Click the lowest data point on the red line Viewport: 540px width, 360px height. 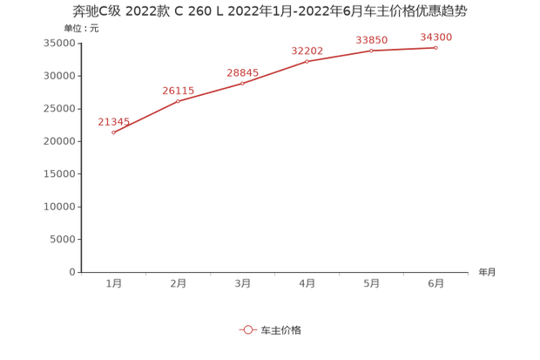[114, 132]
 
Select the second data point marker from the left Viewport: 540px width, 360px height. [179, 102]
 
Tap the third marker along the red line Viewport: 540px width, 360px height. [243, 83]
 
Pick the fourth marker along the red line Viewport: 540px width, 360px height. [307, 61]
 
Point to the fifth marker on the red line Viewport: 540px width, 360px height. [372, 51]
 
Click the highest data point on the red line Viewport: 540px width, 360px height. [435, 47]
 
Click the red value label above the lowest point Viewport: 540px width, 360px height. [113, 120]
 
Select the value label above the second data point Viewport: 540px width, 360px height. [178, 91]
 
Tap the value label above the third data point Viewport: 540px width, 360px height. [242, 71]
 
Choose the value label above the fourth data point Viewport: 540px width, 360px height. [307, 50]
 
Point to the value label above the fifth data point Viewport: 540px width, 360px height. [372, 39]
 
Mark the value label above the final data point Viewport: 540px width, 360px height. [436, 37]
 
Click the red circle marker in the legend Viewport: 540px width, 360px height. [248, 329]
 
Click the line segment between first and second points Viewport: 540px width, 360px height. [146, 117]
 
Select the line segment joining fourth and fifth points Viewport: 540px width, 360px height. [340, 56]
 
